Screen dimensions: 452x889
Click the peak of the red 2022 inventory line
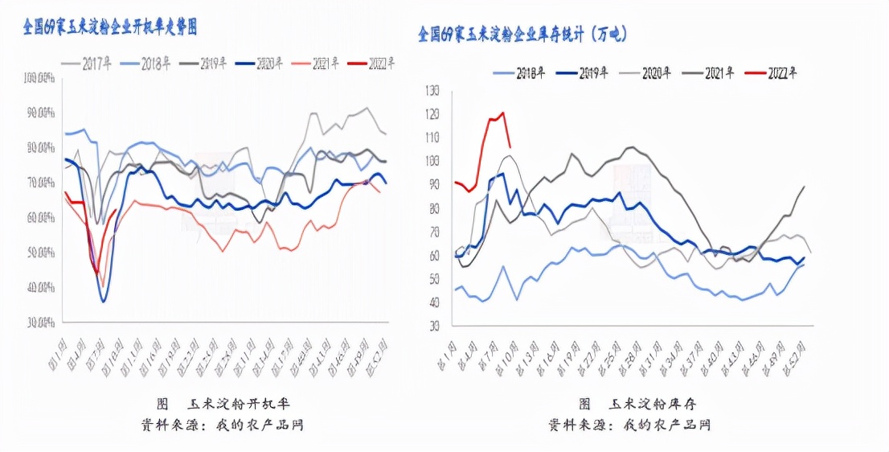coord(503,113)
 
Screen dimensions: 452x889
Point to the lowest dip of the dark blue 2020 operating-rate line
coord(103,302)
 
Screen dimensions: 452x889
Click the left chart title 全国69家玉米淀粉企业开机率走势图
coord(109,27)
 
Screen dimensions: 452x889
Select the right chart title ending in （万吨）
coord(522,34)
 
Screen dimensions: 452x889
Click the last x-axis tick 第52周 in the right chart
coord(801,348)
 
